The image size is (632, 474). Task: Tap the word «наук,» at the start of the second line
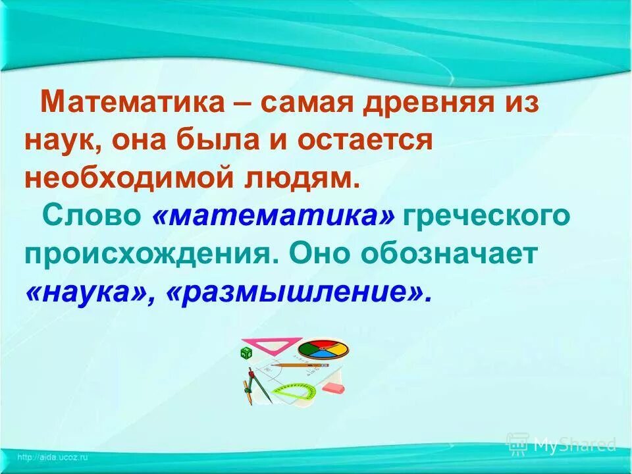coord(63,142)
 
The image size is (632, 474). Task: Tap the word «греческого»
coord(487,217)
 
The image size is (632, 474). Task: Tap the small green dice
coord(247,354)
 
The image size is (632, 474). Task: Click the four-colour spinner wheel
coord(323,348)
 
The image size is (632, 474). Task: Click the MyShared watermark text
coord(573,445)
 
